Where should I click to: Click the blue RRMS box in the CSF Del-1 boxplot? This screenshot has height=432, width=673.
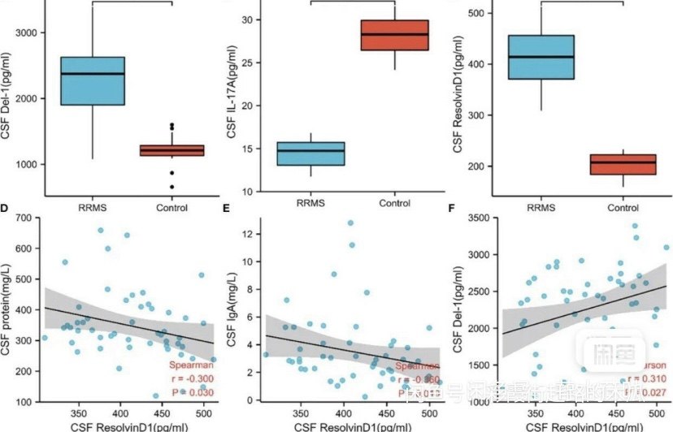(x=93, y=81)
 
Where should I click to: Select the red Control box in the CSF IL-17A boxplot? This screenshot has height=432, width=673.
(x=395, y=35)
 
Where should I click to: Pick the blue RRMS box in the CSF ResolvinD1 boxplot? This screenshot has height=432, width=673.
(x=541, y=57)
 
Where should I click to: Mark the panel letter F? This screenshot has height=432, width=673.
(x=452, y=209)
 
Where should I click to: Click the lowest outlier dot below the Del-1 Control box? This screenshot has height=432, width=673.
(x=172, y=187)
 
